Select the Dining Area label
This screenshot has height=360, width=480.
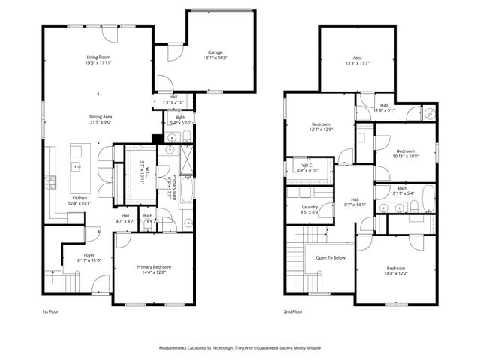pos(100,117)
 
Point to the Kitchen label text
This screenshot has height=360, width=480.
pos(79,198)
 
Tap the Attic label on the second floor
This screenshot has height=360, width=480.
pos(357,58)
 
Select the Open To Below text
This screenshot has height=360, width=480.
pos(331,257)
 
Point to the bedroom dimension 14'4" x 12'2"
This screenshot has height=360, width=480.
pos(397,273)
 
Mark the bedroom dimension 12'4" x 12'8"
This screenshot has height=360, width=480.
pos(321,129)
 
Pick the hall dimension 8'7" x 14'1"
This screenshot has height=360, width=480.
pos(355,203)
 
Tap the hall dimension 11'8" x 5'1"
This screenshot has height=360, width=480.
pos(384,110)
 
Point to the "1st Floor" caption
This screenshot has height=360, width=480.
pos(49,311)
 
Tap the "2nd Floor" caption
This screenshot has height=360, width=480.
pos(292,311)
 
